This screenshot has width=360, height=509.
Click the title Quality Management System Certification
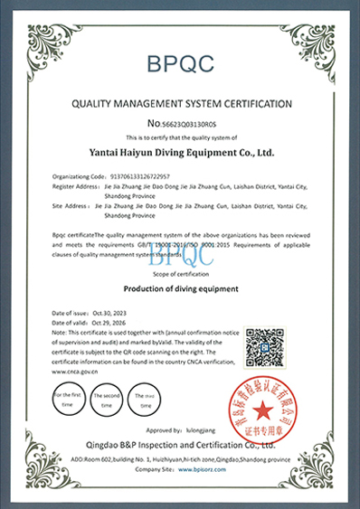(x=179, y=103)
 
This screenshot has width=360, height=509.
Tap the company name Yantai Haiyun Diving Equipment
(x=179, y=153)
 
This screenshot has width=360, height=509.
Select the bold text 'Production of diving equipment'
(x=179, y=288)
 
